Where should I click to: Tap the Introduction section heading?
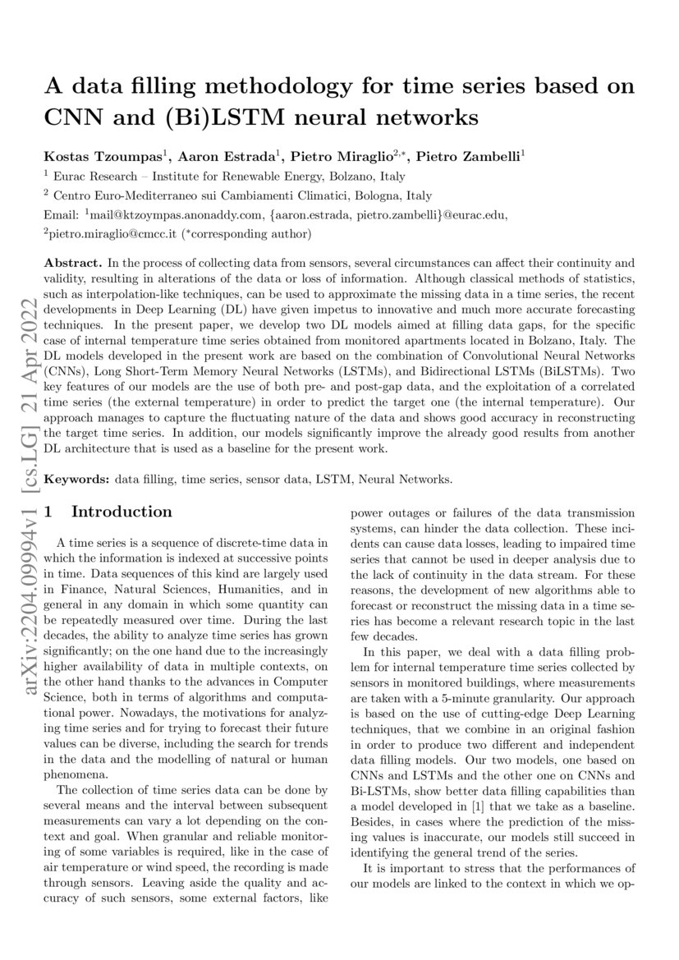tap(122, 512)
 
